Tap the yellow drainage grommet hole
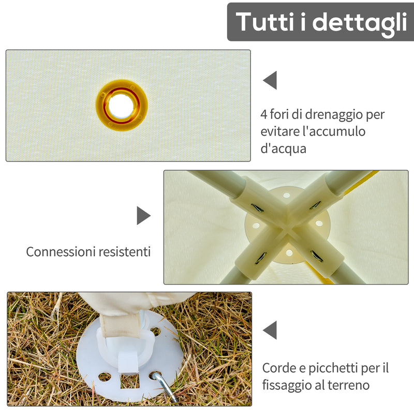coord(122,105)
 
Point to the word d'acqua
coord(284,149)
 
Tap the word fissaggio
coord(286,386)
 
